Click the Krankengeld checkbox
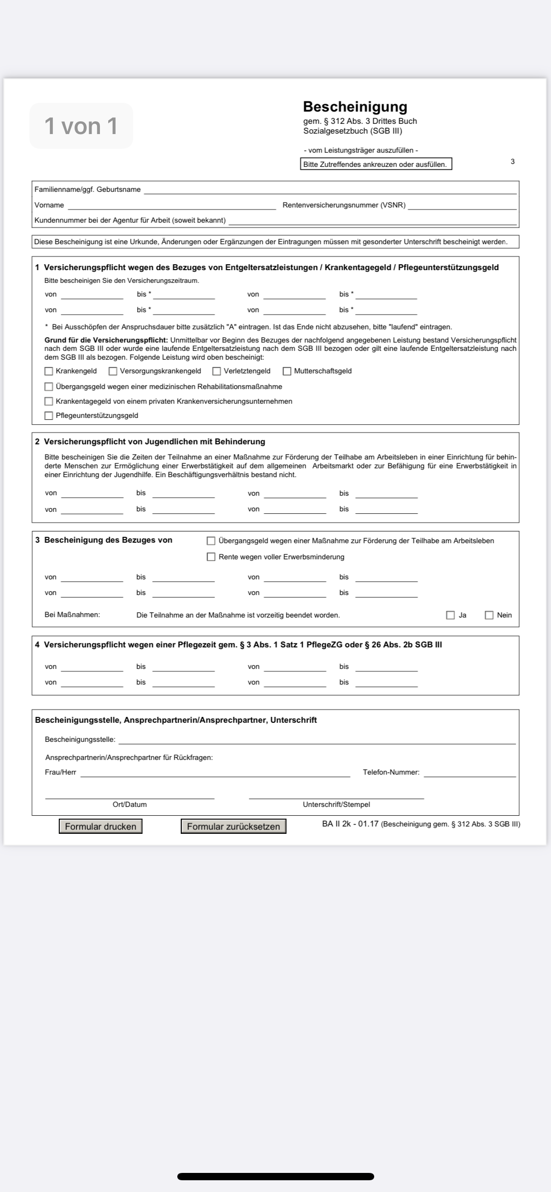click(48, 371)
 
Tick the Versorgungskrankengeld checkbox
click(113, 371)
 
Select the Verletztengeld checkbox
click(216, 371)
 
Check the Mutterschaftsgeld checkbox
click(287, 371)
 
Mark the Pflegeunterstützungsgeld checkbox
click(48, 416)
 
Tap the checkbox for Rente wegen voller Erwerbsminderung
click(211, 557)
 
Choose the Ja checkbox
click(451, 615)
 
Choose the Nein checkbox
click(489, 615)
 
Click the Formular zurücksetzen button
click(233, 826)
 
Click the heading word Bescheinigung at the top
click(355, 107)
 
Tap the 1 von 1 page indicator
click(81, 126)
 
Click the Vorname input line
click(171, 206)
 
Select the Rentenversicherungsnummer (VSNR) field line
click(462, 206)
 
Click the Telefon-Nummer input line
click(470, 773)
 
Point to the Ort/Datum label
click(130, 804)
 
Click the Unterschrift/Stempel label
click(336, 804)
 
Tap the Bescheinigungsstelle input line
click(317, 740)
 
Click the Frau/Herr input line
click(216, 773)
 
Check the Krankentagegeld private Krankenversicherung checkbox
click(48, 402)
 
